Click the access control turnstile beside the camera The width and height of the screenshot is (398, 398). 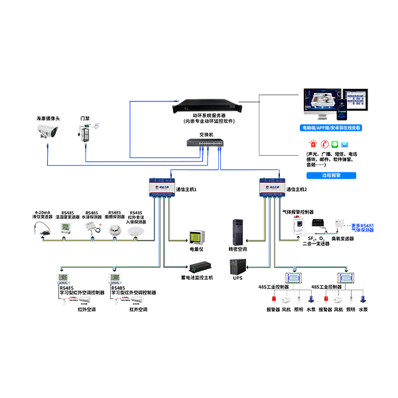click(x=84, y=131)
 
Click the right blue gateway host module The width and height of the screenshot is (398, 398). click(x=272, y=188)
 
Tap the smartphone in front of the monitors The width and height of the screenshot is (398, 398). click(x=336, y=106)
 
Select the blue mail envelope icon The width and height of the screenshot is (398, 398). click(x=350, y=143)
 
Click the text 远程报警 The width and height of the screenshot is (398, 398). click(x=330, y=176)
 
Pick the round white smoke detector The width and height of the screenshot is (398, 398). click(x=115, y=227)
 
